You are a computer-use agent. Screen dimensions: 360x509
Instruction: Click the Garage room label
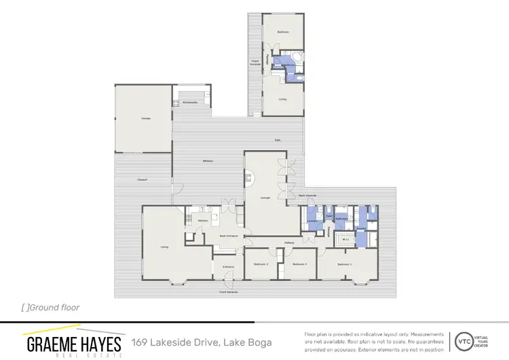click(145, 118)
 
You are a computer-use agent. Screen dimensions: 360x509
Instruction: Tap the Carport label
click(143, 180)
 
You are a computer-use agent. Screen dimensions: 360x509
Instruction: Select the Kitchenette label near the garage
click(190, 103)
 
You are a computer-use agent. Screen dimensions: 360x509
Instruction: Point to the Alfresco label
click(208, 160)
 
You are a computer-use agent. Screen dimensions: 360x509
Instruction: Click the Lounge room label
click(265, 198)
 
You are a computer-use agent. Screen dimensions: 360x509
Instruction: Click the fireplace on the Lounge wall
click(249, 179)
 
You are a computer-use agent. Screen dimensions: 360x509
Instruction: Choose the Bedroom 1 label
click(345, 264)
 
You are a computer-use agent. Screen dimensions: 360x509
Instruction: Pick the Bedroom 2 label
click(299, 264)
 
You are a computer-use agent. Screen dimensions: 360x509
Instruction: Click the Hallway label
click(288, 242)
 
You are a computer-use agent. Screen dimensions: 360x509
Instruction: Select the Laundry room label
click(312, 221)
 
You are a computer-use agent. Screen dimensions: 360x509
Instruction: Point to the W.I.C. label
click(345, 239)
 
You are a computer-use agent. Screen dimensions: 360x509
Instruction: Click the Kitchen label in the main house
click(202, 221)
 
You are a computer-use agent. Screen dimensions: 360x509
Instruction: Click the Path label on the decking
click(278, 140)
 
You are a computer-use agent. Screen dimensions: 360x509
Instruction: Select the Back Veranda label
click(307, 196)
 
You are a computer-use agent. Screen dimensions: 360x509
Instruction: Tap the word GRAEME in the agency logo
click(54, 344)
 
